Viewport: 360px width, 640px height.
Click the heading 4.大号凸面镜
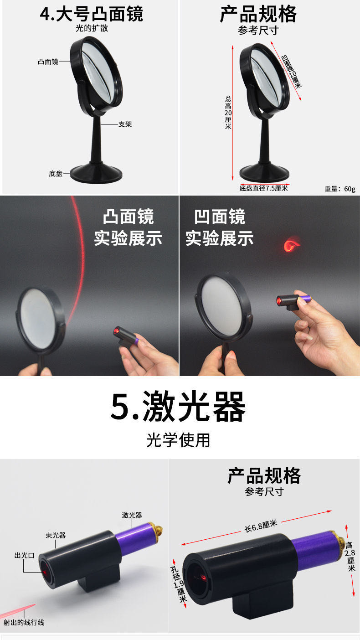click(92, 14)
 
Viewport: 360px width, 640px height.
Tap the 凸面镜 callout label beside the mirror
click(48, 62)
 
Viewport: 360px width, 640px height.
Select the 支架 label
click(125, 124)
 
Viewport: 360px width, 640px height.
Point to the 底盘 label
click(56, 173)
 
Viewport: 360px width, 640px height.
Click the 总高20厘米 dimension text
click(228, 113)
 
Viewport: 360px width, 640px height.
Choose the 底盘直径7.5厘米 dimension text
click(263, 188)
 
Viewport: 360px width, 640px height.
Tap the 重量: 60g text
click(340, 189)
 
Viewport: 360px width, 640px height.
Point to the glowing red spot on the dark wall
click(292, 245)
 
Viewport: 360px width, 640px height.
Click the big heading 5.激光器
click(178, 407)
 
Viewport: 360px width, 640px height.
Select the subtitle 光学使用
click(178, 440)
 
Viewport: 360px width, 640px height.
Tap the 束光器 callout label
click(56, 535)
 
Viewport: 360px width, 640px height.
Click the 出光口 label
click(25, 555)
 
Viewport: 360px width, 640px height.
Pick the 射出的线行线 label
click(24, 623)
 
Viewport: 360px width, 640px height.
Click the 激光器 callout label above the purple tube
click(132, 515)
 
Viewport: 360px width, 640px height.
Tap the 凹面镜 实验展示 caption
click(219, 227)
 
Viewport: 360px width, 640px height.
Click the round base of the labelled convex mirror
click(96, 173)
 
